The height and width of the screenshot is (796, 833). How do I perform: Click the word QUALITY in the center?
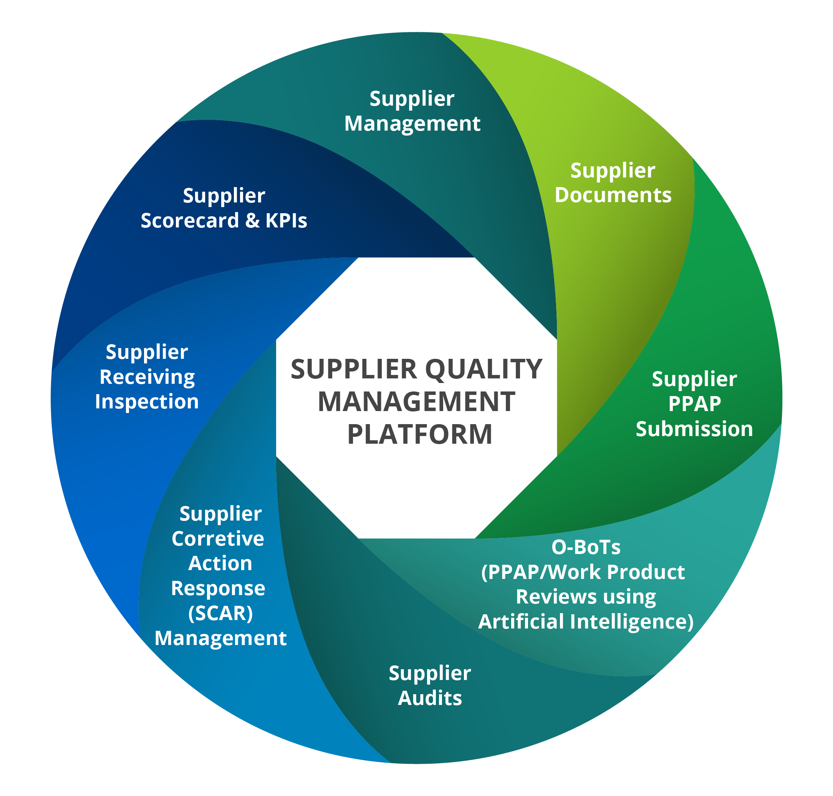(x=484, y=369)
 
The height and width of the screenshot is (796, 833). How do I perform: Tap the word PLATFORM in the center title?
(x=420, y=434)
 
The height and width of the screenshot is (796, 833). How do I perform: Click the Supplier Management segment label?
(x=412, y=111)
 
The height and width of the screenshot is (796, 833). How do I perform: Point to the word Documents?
(x=613, y=195)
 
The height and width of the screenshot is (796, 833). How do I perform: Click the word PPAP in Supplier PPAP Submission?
(x=694, y=403)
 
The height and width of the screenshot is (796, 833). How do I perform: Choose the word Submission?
(x=694, y=429)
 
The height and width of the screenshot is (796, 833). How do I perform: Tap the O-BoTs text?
(x=586, y=547)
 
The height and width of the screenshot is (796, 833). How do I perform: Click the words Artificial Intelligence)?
(x=586, y=622)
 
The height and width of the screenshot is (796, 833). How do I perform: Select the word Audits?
(x=430, y=698)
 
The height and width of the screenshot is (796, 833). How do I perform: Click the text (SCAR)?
(x=220, y=614)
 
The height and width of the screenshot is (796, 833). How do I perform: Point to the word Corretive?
(x=218, y=539)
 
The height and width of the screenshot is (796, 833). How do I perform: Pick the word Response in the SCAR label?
(x=218, y=589)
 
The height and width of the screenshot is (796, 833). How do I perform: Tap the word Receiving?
(x=147, y=377)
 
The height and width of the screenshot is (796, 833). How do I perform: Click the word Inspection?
(x=147, y=401)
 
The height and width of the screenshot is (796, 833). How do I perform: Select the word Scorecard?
(x=190, y=221)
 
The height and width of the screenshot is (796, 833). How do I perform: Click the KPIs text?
(x=286, y=221)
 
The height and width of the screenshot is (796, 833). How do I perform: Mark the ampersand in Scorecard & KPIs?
(x=252, y=221)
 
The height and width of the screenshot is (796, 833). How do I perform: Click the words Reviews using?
(x=586, y=597)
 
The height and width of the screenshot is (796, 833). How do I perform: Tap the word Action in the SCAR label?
(x=220, y=564)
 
